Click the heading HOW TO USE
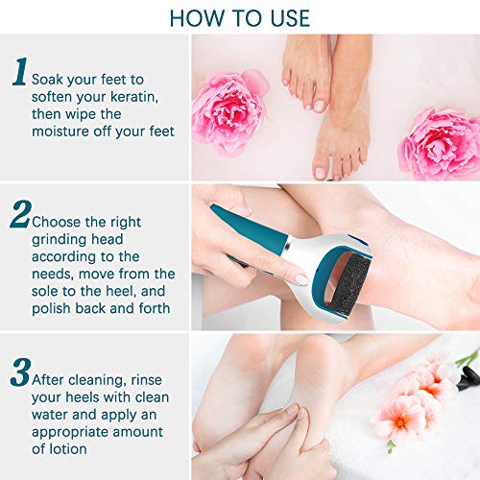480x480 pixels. coord(240,18)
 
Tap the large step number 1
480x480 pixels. coord(20,72)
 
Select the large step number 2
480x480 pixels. coord(20,214)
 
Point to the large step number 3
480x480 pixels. coord(20,372)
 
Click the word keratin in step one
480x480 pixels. coord(134,97)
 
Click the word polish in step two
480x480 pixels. coord(51,309)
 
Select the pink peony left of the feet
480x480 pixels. coord(228,112)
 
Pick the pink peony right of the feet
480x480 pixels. coord(440,144)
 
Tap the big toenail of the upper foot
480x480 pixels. coord(319,106)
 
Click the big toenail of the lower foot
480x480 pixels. coord(321,173)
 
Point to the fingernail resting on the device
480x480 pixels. coord(301,279)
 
